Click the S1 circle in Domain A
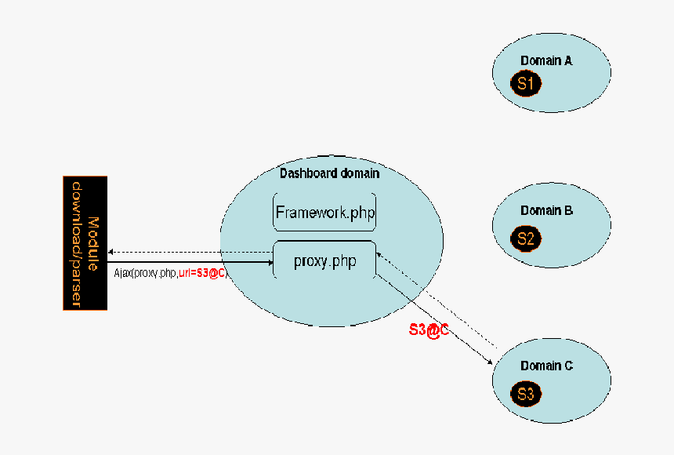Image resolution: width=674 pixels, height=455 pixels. [x=525, y=83]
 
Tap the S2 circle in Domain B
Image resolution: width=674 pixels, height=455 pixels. [x=525, y=239]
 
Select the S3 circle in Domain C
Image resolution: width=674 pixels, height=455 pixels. [x=525, y=395]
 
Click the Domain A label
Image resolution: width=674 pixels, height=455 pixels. [x=546, y=60]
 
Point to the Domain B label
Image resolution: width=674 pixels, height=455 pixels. [x=546, y=210]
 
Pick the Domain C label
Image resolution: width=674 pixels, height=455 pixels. [x=546, y=366]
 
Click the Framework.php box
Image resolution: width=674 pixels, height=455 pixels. [x=324, y=213]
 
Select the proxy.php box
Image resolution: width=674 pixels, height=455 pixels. [x=324, y=260]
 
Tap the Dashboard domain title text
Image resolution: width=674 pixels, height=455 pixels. [x=329, y=173]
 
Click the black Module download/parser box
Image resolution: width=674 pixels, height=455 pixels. [x=85, y=242]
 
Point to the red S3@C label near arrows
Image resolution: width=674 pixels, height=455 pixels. [x=428, y=330]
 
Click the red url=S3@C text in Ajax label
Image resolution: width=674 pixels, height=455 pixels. [x=202, y=273]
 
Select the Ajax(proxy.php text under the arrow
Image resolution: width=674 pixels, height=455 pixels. [x=145, y=273]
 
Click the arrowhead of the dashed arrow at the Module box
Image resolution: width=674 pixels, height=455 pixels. [x=111, y=252]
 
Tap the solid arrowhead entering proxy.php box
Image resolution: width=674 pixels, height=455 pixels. [x=270, y=262]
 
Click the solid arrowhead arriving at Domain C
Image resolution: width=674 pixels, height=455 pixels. [x=490, y=362]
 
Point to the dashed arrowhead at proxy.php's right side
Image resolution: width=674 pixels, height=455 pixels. [x=378, y=253]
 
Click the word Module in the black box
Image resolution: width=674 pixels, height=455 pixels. [x=93, y=242]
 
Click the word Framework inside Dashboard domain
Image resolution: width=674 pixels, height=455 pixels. [x=310, y=213]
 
